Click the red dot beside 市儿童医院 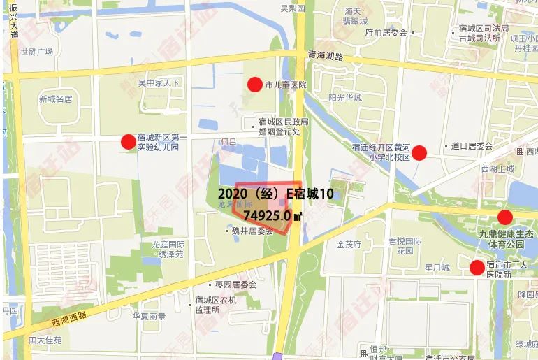point(255,85)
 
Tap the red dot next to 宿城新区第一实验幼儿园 point(128,142)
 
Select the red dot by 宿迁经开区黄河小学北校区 point(419,152)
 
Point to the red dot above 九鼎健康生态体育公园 point(504,217)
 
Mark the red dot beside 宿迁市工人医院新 point(477,267)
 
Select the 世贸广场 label point(36,51)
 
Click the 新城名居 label point(55,99)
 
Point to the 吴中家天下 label point(159,83)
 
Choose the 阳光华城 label point(345,98)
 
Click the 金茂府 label point(348,245)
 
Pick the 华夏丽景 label point(149,316)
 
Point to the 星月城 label point(437,267)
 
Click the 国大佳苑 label point(45,340)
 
